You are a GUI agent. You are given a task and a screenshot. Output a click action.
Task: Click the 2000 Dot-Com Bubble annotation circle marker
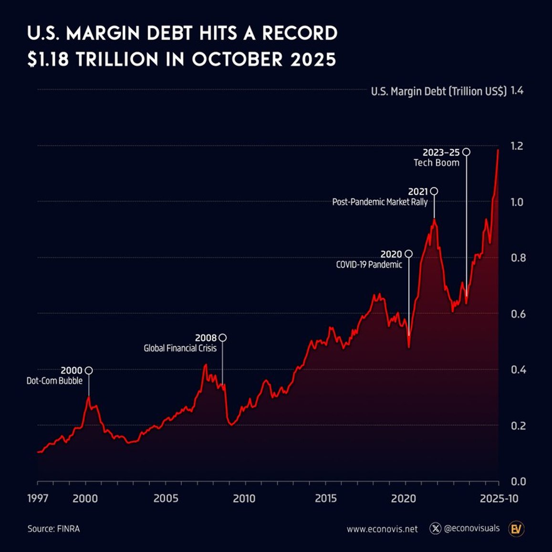tap(88, 370)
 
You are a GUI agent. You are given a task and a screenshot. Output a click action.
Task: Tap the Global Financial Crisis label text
tap(180, 348)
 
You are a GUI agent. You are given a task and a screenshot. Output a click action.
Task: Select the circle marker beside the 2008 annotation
tap(222, 338)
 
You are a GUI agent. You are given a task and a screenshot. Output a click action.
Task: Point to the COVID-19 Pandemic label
tap(369, 264)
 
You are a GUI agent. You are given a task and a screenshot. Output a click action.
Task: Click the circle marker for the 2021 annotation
tap(434, 191)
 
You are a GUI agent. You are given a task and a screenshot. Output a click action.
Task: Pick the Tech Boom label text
tap(436, 163)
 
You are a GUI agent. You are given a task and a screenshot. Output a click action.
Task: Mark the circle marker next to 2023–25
tap(466, 152)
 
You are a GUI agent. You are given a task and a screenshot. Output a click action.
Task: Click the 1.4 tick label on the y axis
tap(517, 91)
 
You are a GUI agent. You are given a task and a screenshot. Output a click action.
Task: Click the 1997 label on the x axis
tap(37, 499)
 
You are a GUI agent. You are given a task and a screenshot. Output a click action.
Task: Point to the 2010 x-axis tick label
tap(244, 499)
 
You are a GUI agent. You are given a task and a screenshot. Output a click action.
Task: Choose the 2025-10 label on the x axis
tap(499, 499)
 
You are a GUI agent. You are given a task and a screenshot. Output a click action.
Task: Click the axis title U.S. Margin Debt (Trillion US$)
tap(438, 91)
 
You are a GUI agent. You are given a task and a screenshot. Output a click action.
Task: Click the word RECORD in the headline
tap(300, 33)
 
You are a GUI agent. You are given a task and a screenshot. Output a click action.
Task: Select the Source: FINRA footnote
tap(53, 529)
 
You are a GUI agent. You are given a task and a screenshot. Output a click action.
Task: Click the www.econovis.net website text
tap(382, 529)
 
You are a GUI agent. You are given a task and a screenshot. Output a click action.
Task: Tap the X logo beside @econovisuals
tap(435, 529)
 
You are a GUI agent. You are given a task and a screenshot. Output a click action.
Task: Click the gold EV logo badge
tap(516, 529)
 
